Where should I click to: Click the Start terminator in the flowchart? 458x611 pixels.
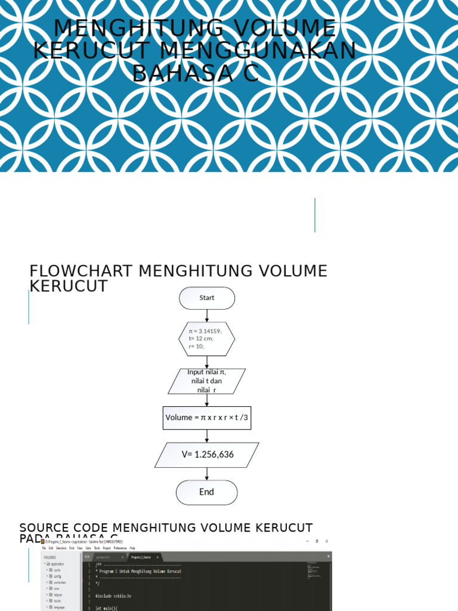tap(207, 298)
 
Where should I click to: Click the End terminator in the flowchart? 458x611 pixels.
tap(206, 492)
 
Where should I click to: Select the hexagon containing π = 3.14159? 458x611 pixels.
tap(206, 338)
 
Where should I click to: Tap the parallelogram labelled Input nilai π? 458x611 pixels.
tap(206, 381)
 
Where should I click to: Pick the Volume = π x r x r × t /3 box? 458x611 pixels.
tap(206, 418)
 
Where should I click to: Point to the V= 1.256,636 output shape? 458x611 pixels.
tap(207, 455)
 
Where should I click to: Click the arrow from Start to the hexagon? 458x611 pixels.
tap(207, 316)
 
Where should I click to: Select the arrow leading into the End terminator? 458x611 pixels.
tap(207, 473)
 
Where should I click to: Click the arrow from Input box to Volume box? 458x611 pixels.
tap(207, 400)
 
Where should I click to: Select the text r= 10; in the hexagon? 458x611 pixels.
tap(197, 346)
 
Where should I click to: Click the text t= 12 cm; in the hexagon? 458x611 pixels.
tap(200, 338)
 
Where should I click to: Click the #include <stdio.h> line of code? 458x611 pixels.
tap(113, 595)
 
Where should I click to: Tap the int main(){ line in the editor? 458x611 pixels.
tap(107, 607)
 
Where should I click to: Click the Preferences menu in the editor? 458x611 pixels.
tap(120, 548)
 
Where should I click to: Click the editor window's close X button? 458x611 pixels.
tap(326, 541)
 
